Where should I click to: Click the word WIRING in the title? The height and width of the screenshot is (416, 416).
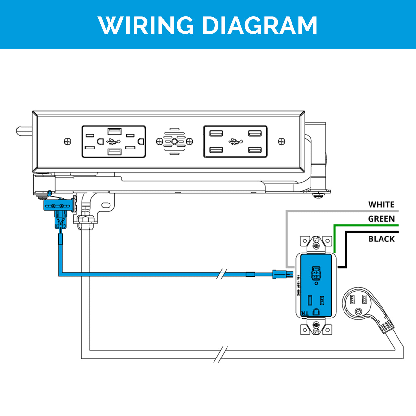point(146,25)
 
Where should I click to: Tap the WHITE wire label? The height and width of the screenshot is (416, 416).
point(381,205)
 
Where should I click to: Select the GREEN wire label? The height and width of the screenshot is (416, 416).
point(381,219)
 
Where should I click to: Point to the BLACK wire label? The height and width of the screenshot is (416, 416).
point(381,239)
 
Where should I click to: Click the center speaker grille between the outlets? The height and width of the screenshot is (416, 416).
point(175,141)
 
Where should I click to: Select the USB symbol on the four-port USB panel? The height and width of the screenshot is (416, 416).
point(236,141)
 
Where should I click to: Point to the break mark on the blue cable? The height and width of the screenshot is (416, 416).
point(221,274)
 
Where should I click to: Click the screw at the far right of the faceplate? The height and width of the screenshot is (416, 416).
point(282,141)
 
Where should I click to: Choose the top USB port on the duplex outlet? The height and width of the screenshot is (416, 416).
point(114,131)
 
